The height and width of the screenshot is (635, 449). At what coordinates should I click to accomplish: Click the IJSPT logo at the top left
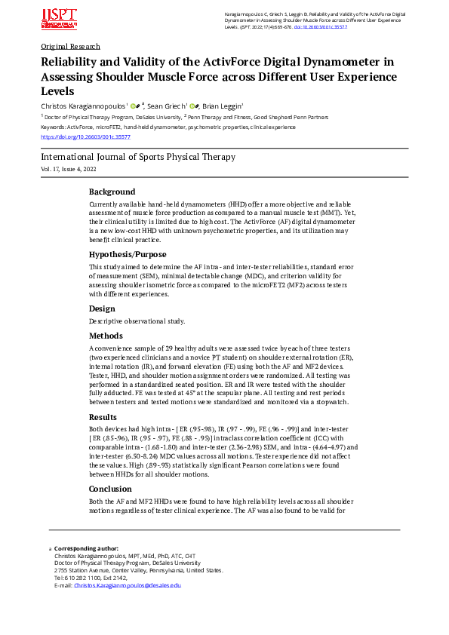60,19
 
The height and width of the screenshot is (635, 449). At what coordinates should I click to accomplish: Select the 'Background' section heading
112,192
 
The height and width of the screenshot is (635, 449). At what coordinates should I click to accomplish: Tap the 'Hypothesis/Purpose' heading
128,254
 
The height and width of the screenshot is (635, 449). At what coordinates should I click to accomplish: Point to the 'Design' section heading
102,308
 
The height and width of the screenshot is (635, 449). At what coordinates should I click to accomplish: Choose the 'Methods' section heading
106,336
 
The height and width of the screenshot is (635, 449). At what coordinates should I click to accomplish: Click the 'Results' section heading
104,416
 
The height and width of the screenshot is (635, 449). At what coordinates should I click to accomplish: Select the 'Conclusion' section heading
112,488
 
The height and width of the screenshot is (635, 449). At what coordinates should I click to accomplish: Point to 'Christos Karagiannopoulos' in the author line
83,107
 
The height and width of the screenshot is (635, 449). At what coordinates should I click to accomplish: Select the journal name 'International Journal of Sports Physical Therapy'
138,157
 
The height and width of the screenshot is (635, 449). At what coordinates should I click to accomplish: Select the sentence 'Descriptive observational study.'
137,321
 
